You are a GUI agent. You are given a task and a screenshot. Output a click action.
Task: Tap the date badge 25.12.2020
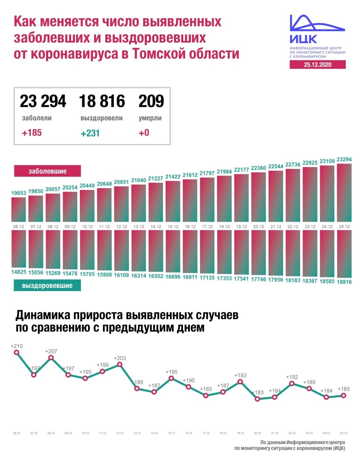(318, 65)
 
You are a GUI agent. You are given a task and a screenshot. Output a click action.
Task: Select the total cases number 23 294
(43, 101)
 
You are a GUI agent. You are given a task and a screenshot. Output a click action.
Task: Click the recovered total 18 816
(102, 101)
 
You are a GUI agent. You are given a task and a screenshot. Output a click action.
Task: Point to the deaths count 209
(151, 101)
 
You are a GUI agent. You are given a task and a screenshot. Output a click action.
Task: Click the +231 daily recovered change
(90, 133)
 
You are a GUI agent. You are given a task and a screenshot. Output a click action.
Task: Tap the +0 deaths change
(144, 133)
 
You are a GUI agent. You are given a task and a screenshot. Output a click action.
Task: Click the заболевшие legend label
(47, 171)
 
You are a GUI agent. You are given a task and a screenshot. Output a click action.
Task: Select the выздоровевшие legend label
(47, 286)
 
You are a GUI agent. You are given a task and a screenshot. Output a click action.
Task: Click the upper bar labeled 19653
(19, 209)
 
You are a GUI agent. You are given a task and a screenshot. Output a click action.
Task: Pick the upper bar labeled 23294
(344, 193)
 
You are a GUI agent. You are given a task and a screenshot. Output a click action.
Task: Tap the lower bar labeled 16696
(173, 251)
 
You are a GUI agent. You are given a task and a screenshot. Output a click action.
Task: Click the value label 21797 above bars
(207, 173)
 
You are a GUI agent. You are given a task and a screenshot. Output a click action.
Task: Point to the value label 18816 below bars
(344, 282)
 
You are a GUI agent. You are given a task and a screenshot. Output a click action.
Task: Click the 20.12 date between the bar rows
(258, 227)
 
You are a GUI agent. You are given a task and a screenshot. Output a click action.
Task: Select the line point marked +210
(16, 352)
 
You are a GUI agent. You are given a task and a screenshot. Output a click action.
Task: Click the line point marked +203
(120, 364)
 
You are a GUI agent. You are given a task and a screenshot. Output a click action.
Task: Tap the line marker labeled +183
(257, 399)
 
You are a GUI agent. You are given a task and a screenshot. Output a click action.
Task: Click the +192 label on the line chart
(292, 377)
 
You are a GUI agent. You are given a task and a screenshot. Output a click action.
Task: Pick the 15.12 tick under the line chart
(171, 433)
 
